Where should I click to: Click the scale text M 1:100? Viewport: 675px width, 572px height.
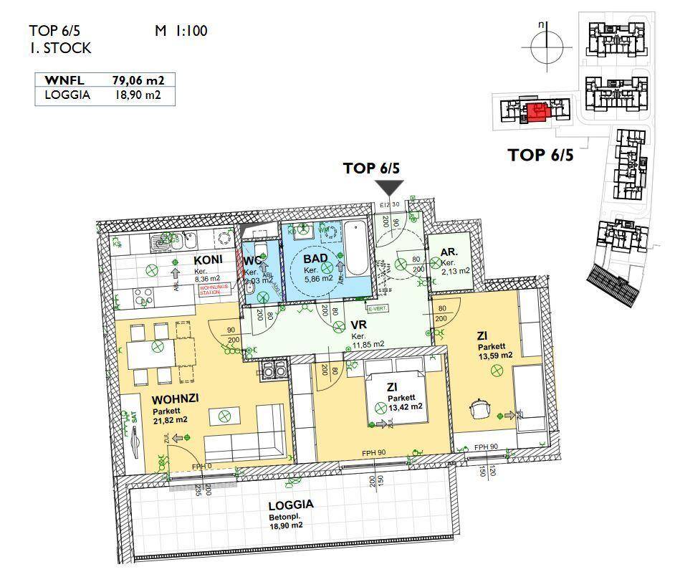[181, 31]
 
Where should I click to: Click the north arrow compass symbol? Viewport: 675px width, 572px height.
[544, 47]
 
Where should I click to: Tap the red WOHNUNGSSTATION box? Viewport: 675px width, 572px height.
[214, 288]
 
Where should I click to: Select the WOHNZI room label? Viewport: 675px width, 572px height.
[175, 399]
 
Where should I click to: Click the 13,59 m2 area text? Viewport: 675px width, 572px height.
[495, 355]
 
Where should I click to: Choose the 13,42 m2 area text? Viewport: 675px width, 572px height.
[404, 406]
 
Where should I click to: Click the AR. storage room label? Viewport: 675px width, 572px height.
[449, 252]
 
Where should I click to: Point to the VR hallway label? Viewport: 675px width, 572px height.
[358, 325]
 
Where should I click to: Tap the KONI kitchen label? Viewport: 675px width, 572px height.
[208, 259]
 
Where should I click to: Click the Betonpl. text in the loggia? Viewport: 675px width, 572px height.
[285, 515]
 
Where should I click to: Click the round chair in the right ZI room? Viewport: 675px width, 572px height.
[479, 408]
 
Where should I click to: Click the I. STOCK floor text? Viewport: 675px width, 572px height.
[60, 49]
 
